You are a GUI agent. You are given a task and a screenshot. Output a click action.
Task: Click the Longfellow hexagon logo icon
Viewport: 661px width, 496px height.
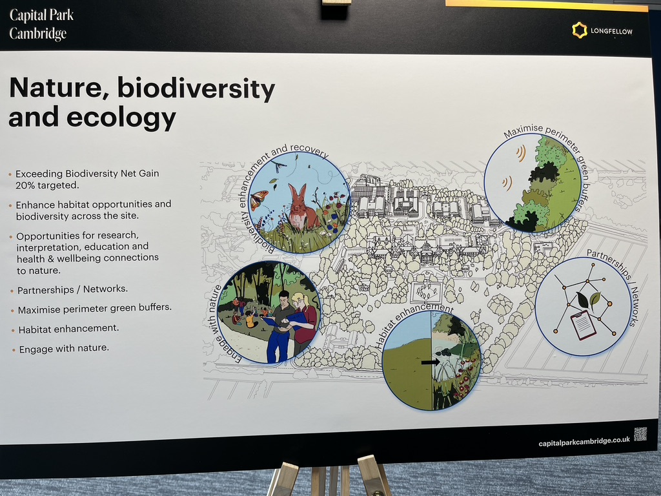pos(580,30)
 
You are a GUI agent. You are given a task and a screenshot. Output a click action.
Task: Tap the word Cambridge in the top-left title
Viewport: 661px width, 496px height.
pos(38,34)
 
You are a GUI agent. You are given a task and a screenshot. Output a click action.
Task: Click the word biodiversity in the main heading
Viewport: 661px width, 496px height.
pos(196,89)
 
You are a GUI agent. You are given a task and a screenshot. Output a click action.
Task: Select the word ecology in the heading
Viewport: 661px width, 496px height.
pos(121,118)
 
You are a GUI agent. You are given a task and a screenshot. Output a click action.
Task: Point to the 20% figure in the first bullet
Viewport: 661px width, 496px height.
pos(25,185)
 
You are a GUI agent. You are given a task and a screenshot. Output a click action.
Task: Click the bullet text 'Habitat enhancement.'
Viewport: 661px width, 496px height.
pos(68,329)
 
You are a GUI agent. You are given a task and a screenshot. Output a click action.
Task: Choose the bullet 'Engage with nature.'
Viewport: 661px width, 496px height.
pos(64,348)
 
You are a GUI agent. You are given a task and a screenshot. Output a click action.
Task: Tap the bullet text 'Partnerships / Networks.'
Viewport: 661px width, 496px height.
pos(72,290)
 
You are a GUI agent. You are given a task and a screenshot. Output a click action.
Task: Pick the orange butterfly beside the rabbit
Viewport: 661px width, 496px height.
pos(259,200)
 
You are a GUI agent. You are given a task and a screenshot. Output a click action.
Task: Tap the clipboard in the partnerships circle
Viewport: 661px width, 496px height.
pos(584,325)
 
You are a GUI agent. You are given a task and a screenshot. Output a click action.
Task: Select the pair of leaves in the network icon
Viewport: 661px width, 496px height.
pos(588,300)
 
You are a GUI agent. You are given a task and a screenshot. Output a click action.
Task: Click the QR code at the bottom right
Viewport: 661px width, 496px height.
pos(640,434)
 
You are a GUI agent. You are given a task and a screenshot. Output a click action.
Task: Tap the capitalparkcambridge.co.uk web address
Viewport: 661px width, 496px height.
pos(584,441)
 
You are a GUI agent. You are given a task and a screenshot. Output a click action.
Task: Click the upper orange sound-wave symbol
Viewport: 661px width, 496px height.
pos(521,154)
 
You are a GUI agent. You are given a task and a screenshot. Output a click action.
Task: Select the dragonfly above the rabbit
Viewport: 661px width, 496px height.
pos(278,165)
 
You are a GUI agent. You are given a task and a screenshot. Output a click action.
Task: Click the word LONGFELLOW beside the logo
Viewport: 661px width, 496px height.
pos(611,31)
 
